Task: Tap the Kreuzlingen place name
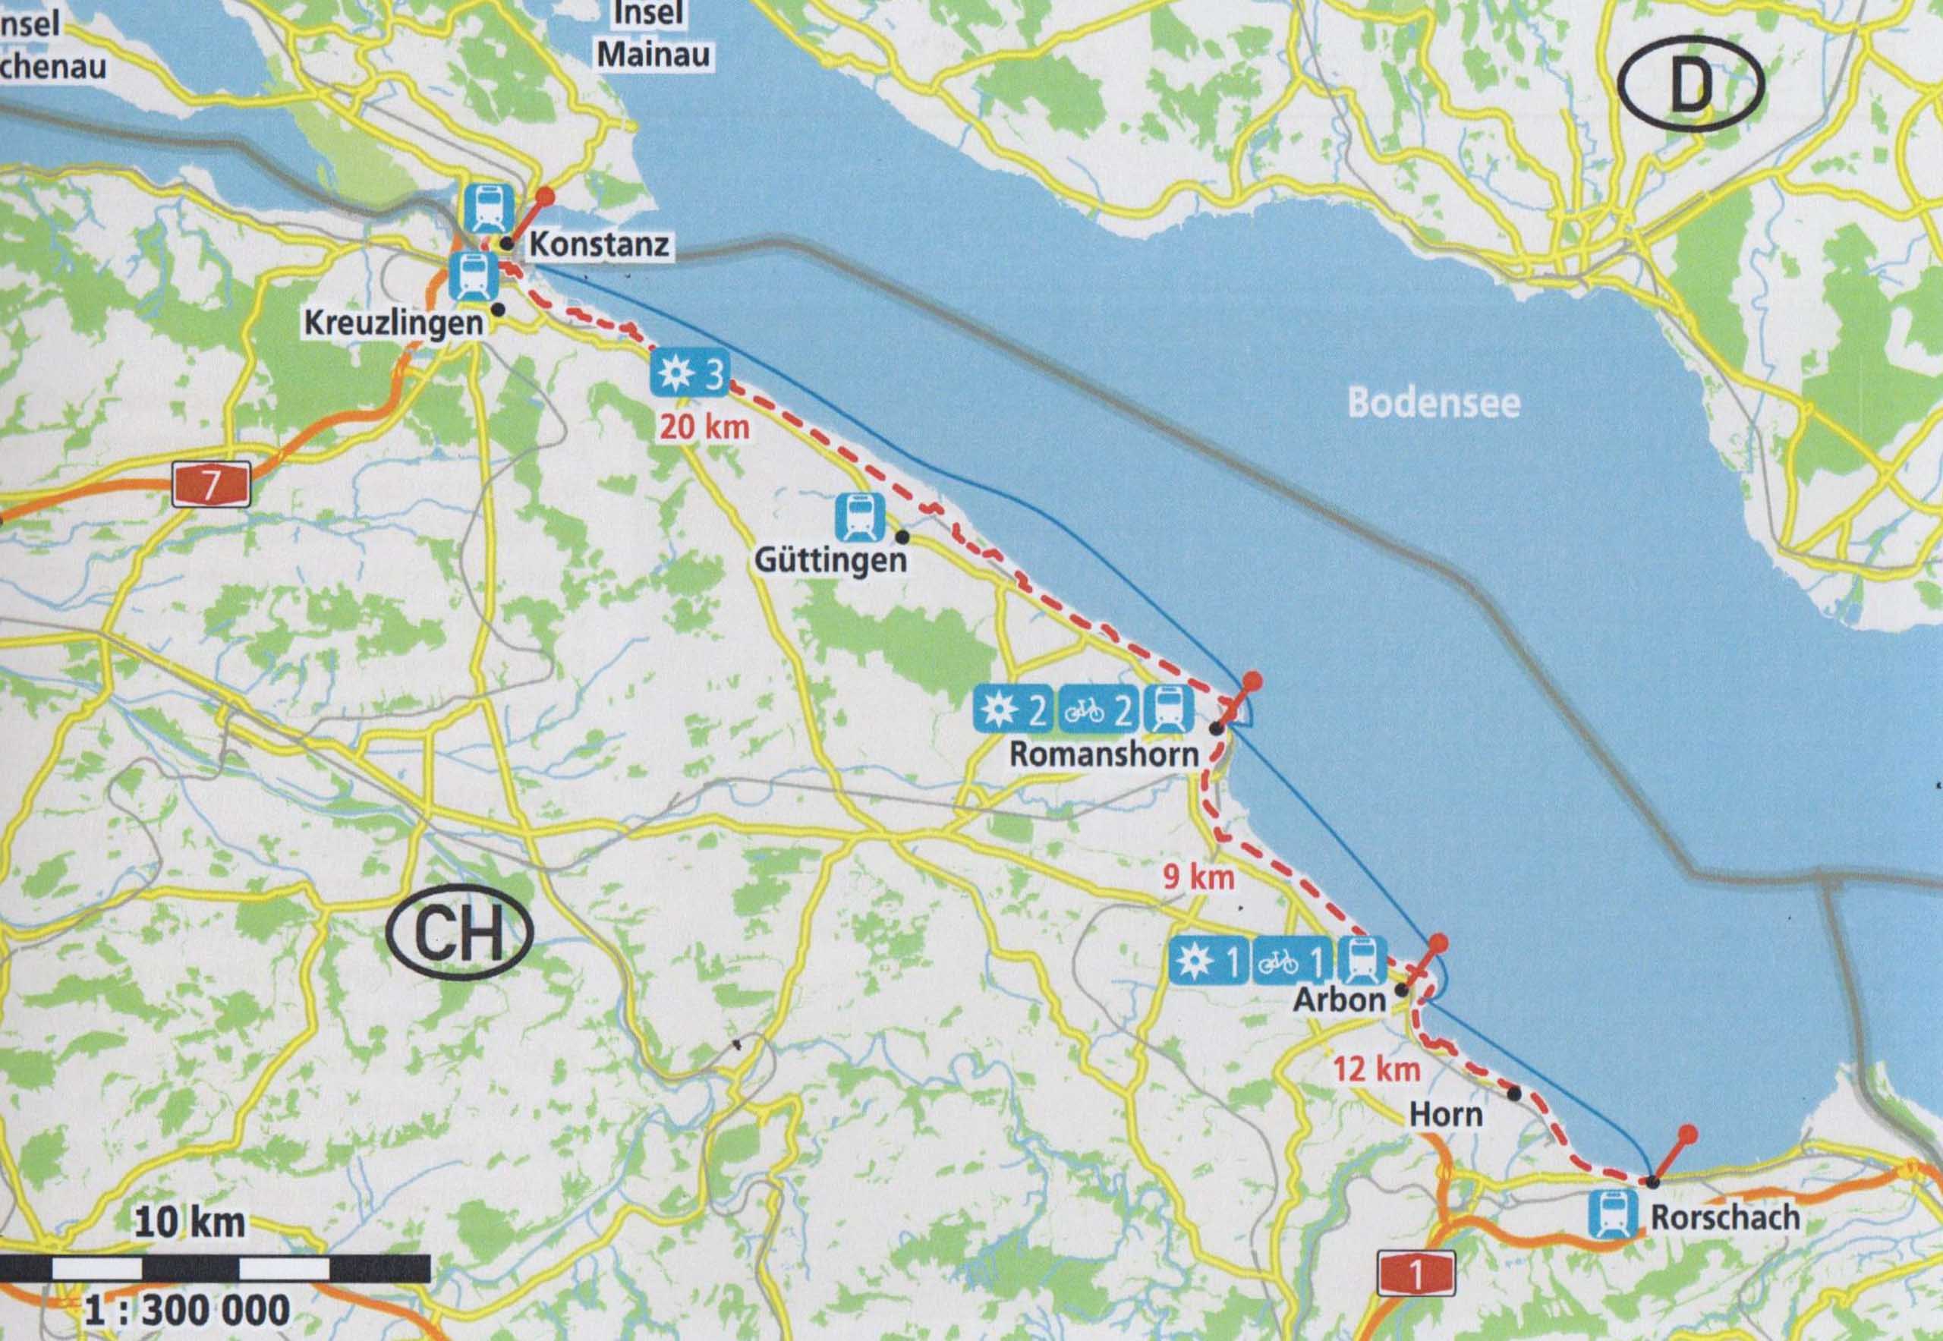point(393,323)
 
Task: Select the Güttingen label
point(831,560)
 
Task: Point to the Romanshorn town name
point(1104,753)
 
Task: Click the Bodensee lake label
point(1434,403)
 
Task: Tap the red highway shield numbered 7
point(211,486)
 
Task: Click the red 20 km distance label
point(704,427)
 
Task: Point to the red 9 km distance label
point(1198,878)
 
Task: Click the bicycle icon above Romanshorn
point(1083,711)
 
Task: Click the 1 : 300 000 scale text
point(187,1309)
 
